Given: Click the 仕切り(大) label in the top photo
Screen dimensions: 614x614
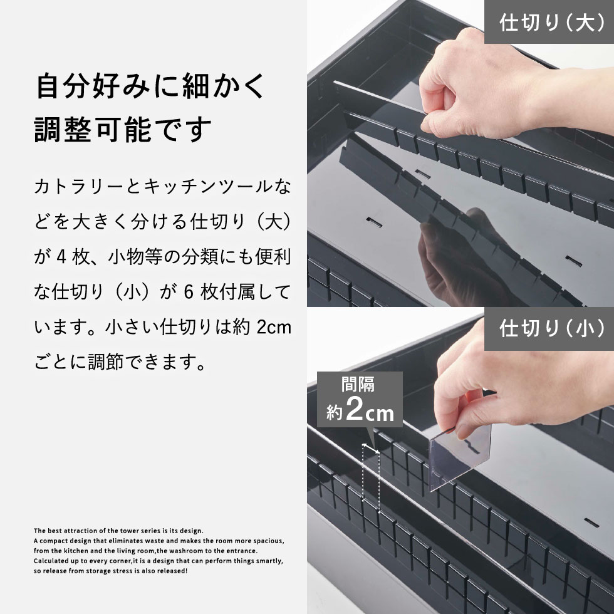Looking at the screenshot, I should [549, 23].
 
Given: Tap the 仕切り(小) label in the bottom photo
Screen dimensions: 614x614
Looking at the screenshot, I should [549, 329].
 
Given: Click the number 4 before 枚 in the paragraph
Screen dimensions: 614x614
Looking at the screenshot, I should [61, 257].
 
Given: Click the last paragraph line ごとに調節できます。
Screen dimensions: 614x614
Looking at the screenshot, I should [120, 362].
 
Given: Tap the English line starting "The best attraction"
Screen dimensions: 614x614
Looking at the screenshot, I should [118, 530].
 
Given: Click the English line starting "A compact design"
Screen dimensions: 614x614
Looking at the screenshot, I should [159, 540].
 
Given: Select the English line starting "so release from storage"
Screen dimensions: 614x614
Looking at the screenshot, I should [110, 571].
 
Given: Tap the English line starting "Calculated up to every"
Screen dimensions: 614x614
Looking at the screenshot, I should [159, 561].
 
